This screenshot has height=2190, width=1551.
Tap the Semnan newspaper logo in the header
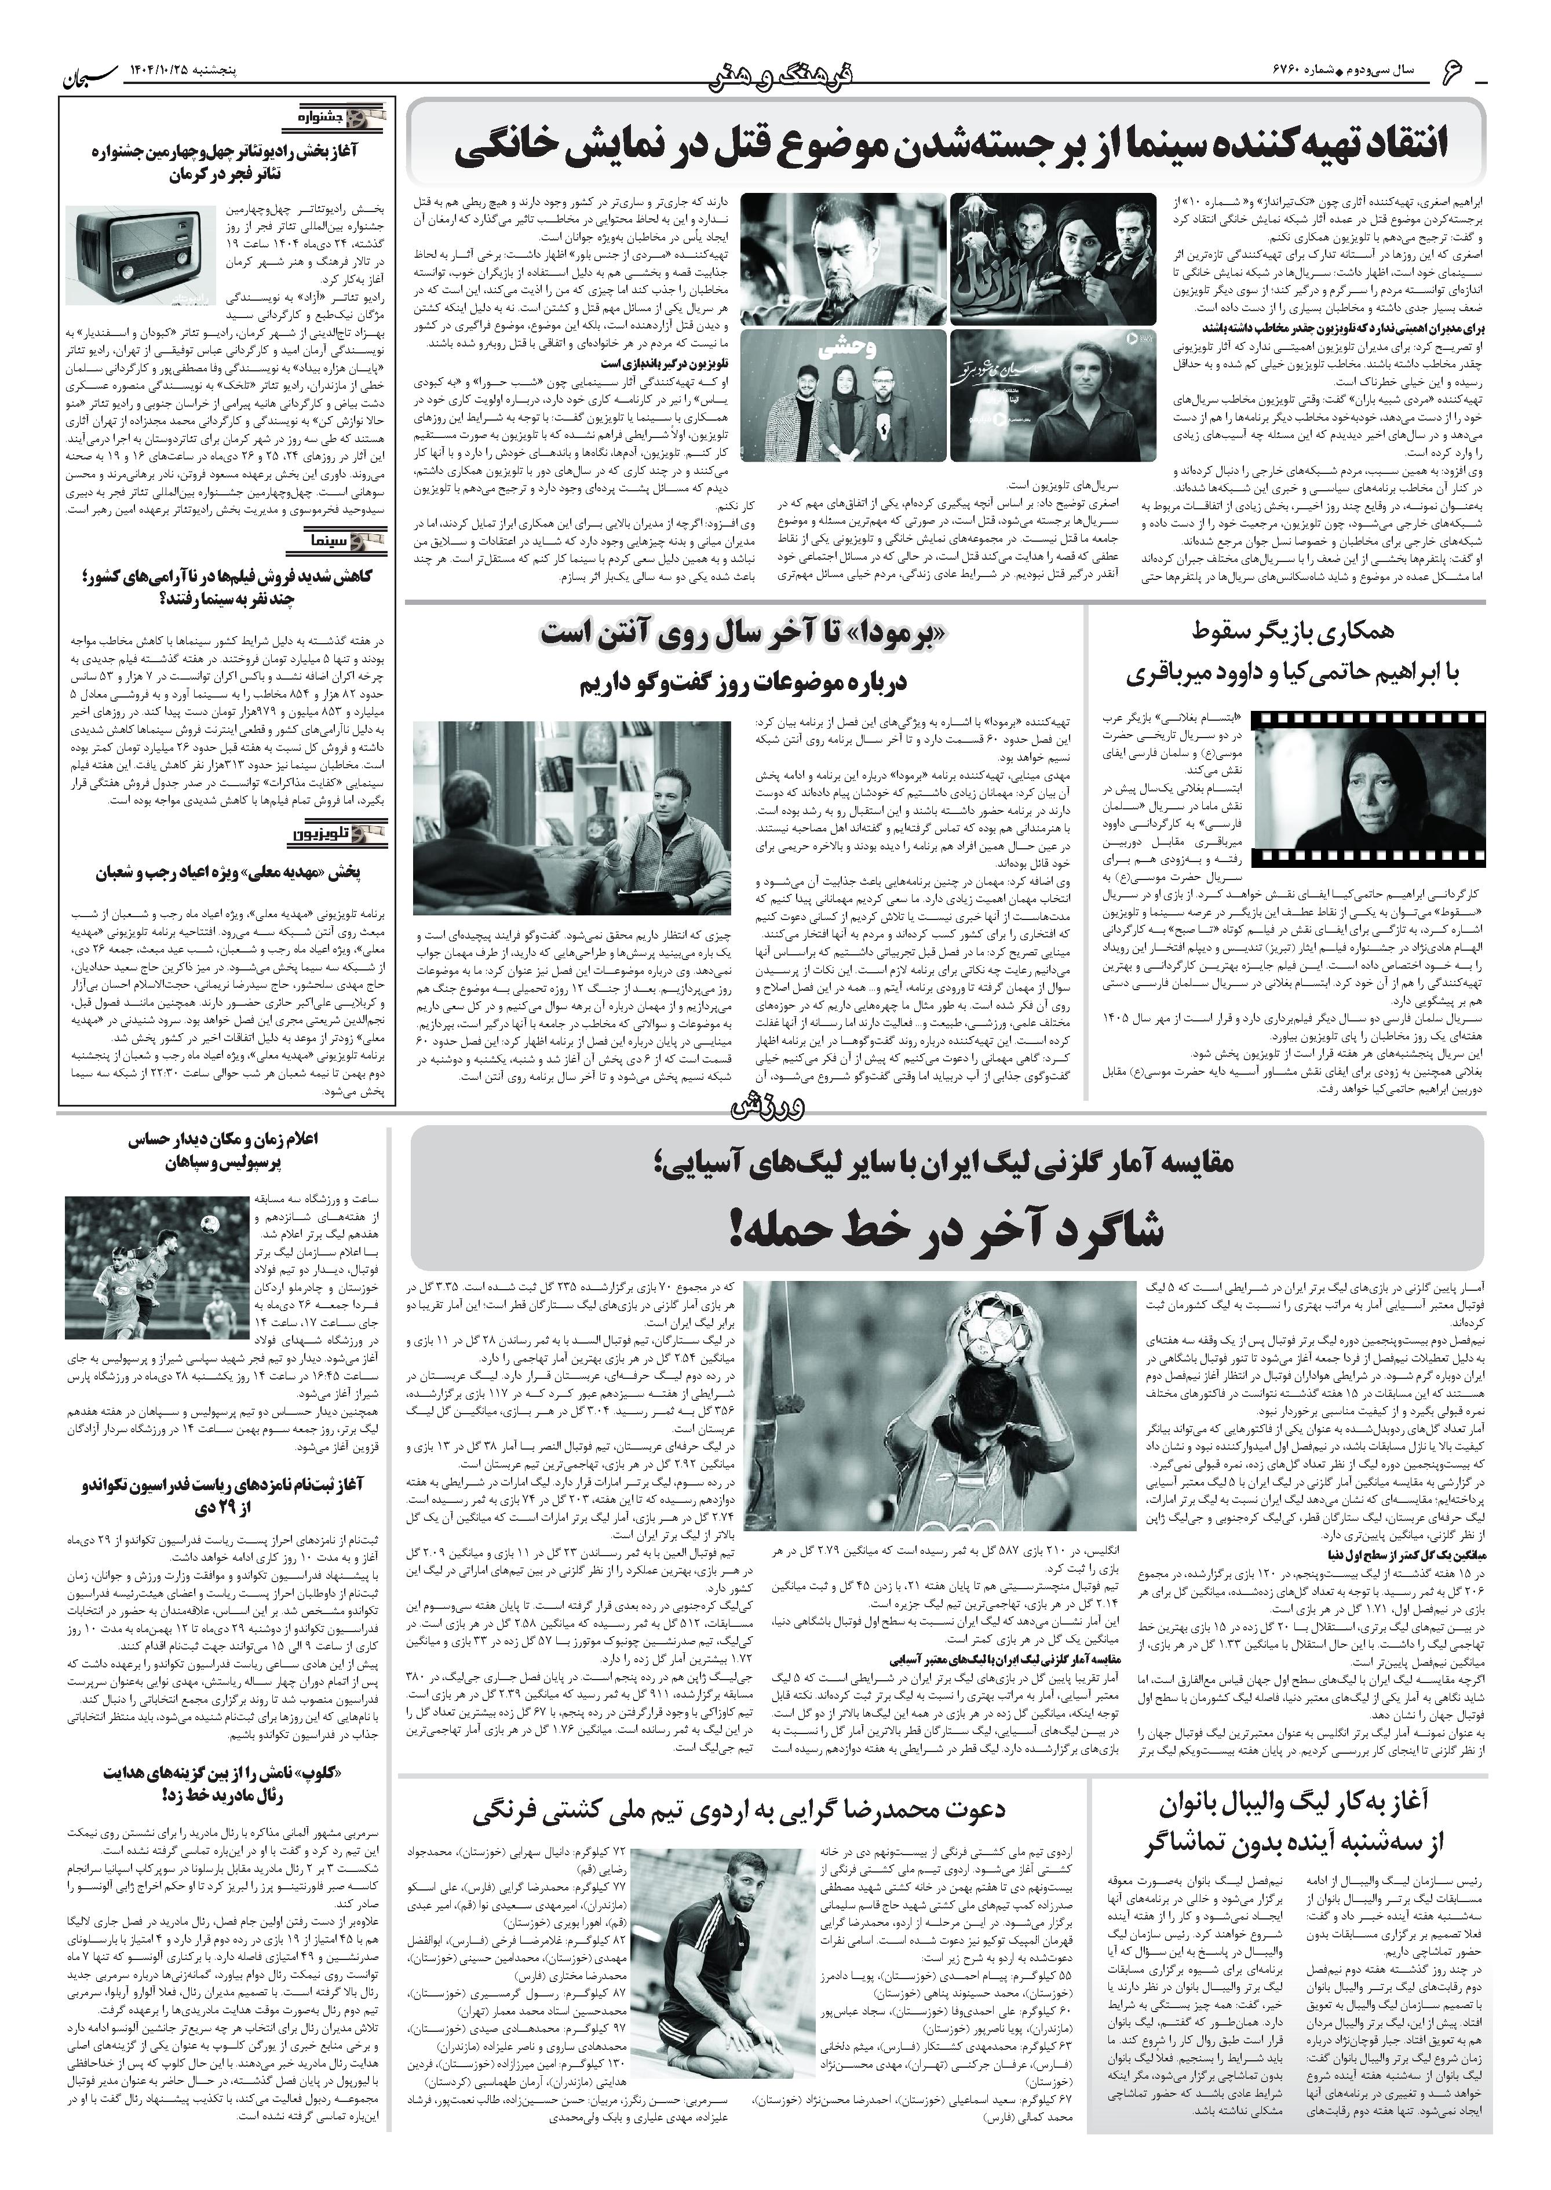91,72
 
